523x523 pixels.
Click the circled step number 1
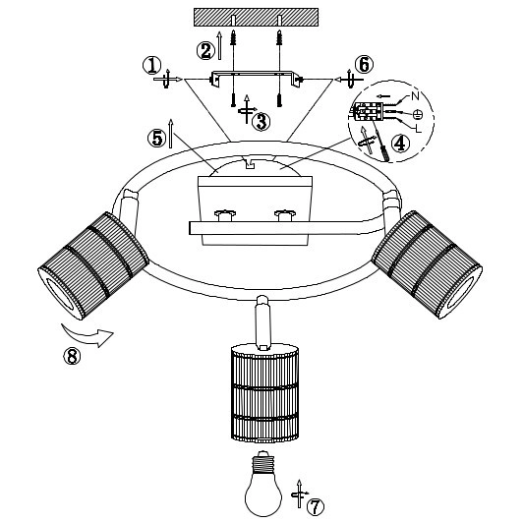click(x=152, y=65)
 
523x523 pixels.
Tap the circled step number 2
click(x=205, y=51)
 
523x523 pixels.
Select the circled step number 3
click(x=261, y=122)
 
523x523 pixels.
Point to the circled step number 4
click(x=400, y=144)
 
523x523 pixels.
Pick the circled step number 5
click(x=156, y=138)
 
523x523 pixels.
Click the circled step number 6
click(x=364, y=65)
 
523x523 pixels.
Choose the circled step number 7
click(x=315, y=507)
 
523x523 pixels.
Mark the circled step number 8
click(x=72, y=356)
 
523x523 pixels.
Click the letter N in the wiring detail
click(x=415, y=96)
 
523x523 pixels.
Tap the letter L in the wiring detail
click(x=419, y=128)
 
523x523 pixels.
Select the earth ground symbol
click(x=417, y=115)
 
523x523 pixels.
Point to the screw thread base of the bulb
click(x=263, y=460)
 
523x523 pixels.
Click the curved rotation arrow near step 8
click(x=87, y=334)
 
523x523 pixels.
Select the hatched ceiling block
click(x=256, y=17)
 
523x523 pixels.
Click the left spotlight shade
click(x=93, y=265)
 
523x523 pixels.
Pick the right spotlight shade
click(x=427, y=264)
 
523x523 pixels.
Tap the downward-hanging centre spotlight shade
click(x=264, y=394)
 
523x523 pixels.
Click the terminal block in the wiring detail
click(x=369, y=111)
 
